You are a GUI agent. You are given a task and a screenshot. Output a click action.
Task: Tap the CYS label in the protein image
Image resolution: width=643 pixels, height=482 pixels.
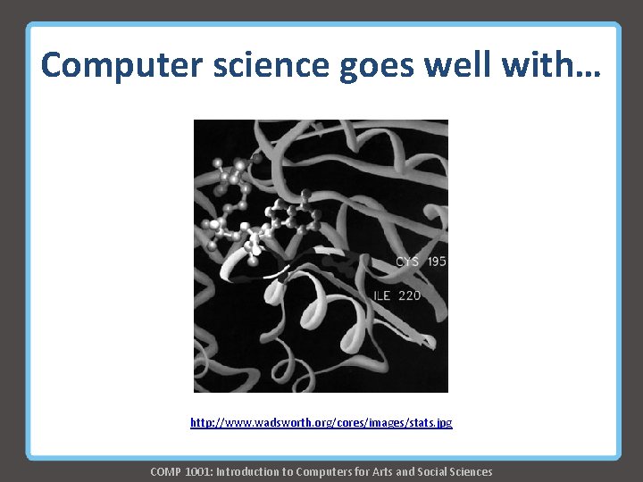pos(406,262)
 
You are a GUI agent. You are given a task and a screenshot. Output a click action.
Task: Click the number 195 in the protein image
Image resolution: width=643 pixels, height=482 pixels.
pos(437,262)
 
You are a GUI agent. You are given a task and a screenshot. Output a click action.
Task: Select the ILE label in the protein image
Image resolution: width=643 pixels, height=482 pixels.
pos(381,295)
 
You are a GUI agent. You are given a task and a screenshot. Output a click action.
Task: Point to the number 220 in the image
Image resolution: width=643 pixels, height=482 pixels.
pos(410,295)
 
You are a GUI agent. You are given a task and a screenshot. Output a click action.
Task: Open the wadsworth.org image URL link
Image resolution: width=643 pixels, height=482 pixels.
pos(321,422)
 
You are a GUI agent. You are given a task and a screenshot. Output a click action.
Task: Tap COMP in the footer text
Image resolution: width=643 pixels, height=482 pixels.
pos(166,471)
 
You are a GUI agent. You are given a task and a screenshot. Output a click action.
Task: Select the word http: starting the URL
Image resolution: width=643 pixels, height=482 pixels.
pos(204,422)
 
